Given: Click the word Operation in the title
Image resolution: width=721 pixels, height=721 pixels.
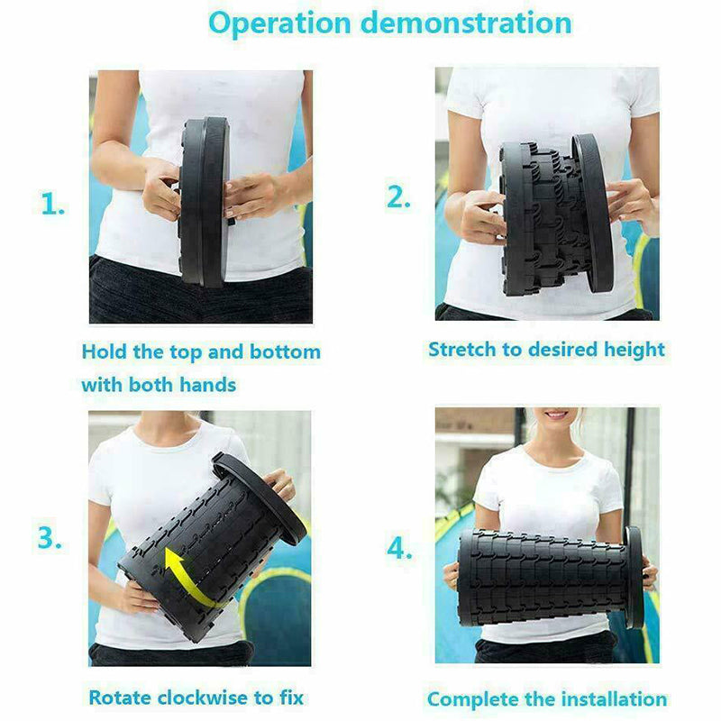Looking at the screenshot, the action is click(280, 23).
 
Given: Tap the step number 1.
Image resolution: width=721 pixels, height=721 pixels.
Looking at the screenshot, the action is click(52, 204).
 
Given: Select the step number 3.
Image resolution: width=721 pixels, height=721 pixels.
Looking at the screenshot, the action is click(50, 537).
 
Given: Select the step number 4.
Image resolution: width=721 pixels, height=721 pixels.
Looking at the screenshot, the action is click(399, 548).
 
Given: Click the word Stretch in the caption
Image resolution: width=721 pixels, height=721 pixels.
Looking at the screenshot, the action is click(462, 350).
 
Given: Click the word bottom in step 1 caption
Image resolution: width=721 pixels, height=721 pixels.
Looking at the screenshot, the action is click(285, 351).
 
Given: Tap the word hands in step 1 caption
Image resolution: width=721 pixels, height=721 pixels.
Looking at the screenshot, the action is click(207, 385).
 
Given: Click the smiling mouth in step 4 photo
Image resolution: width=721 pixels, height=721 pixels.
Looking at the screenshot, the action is click(557, 415).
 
